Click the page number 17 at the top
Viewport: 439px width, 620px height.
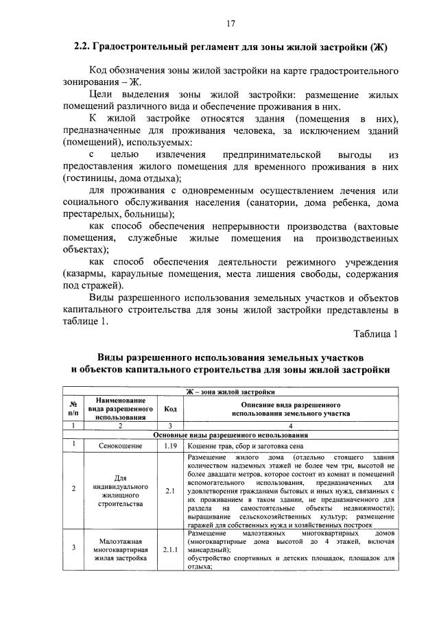click(x=230, y=24)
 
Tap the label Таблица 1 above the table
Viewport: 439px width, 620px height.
click(x=375, y=333)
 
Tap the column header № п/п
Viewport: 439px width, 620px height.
click(x=73, y=409)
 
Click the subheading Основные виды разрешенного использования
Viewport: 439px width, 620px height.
click(x=230, y=436)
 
